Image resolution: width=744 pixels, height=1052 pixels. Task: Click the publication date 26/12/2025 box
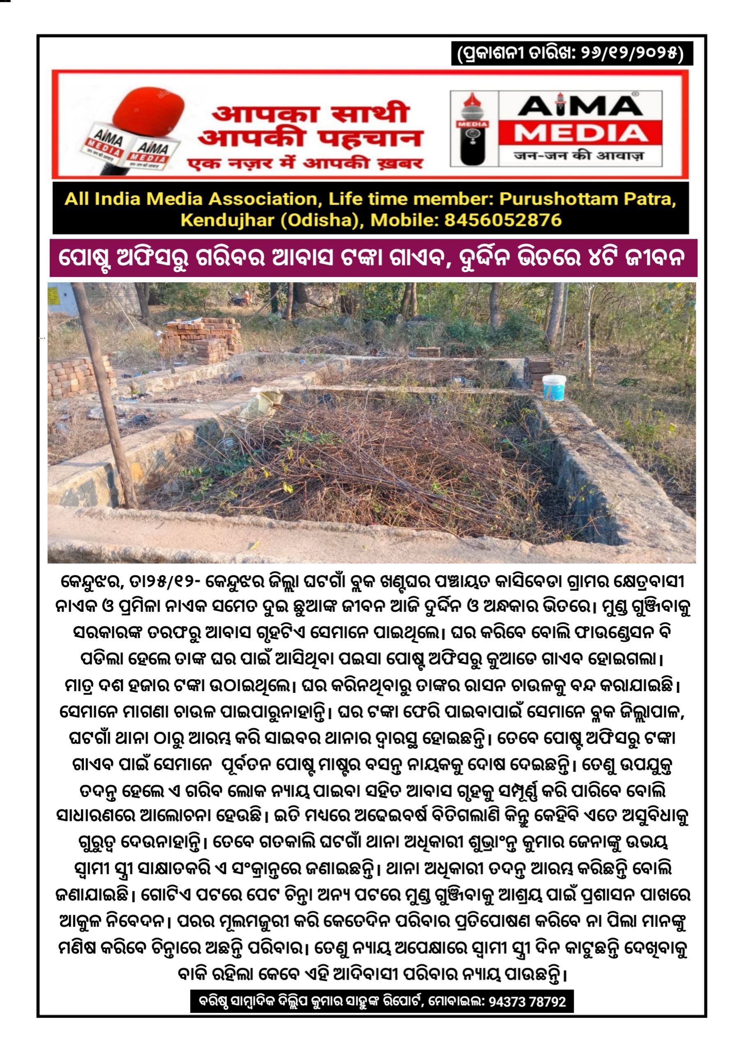571,53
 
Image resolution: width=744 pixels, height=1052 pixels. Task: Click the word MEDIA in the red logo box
580,133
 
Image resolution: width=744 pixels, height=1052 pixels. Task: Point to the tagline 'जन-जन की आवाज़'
579,156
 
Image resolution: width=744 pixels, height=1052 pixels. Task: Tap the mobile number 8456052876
503,220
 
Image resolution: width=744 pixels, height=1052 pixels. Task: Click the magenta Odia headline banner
373,258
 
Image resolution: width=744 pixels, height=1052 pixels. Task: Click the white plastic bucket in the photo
554,388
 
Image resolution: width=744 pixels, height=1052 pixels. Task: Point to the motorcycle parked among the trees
238,299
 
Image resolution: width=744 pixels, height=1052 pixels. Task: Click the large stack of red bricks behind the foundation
202,339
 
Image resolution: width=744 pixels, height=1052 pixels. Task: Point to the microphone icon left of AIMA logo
473,129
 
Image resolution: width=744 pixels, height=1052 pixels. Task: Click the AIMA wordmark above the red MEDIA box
580,106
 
